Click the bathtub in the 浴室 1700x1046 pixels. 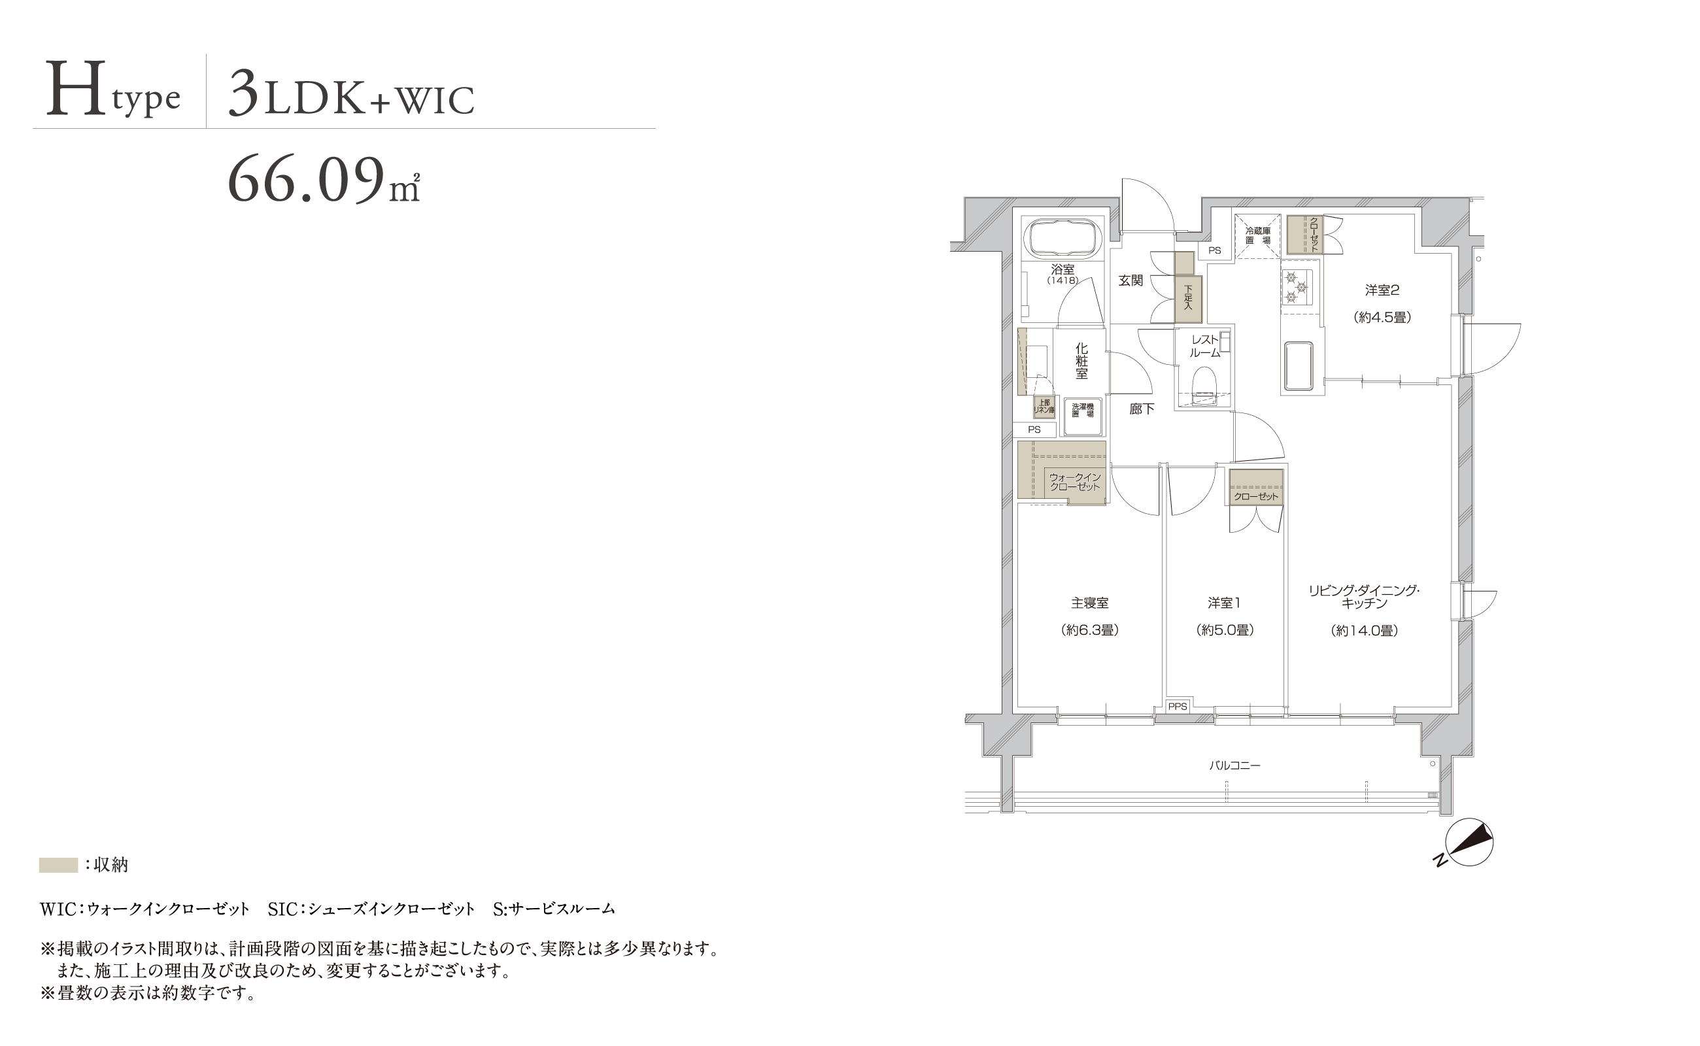[1062, 239]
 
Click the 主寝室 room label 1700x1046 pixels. [1090, 603]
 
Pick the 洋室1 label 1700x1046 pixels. [1224, 603]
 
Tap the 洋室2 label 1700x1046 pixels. [1382, 290]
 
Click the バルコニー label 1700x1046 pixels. [1235, 766]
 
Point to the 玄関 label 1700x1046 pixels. [1131, 280]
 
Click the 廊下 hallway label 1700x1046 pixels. [1141, 409]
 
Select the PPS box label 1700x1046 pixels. [1178, 706]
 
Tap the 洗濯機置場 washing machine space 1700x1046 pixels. [1083, 416]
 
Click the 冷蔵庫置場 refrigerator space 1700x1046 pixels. [1257, 235]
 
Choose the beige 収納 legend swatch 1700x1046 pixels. [58, 865]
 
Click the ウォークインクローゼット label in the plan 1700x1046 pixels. [1074, 482]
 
